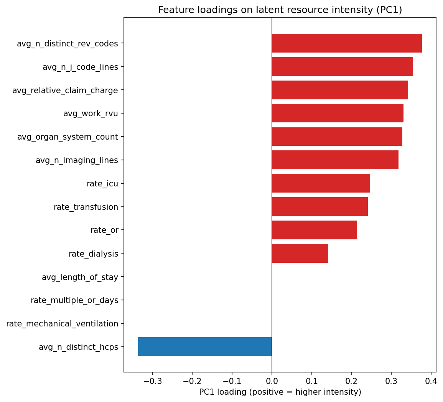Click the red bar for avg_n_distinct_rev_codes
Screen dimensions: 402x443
(x=347, y=43)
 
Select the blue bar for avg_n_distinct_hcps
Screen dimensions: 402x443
(x=205, y=347)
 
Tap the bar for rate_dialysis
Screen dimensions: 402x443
(x=300, y=254)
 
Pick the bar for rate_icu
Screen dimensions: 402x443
(x=321, y=183)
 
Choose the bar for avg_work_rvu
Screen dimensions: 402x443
(x=338, y=113)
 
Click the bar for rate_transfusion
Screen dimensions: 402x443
(x=320, y=207)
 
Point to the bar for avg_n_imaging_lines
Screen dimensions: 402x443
(x=335, y=160)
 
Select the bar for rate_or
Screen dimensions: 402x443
(x=314, y=230)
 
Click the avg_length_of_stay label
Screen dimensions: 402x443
(x=80, y=277)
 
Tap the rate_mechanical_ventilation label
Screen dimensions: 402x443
(x=62, y=324)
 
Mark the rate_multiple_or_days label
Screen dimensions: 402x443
(x=74, y=300)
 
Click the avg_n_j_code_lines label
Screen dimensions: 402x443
(x=80, y=67)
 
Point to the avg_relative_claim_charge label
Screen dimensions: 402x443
(x=65, y=91)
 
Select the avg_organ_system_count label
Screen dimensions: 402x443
(x=68, y=137)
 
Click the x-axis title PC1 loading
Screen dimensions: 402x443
(x=280, y=392)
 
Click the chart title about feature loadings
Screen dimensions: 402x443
(x=280, y=10)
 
